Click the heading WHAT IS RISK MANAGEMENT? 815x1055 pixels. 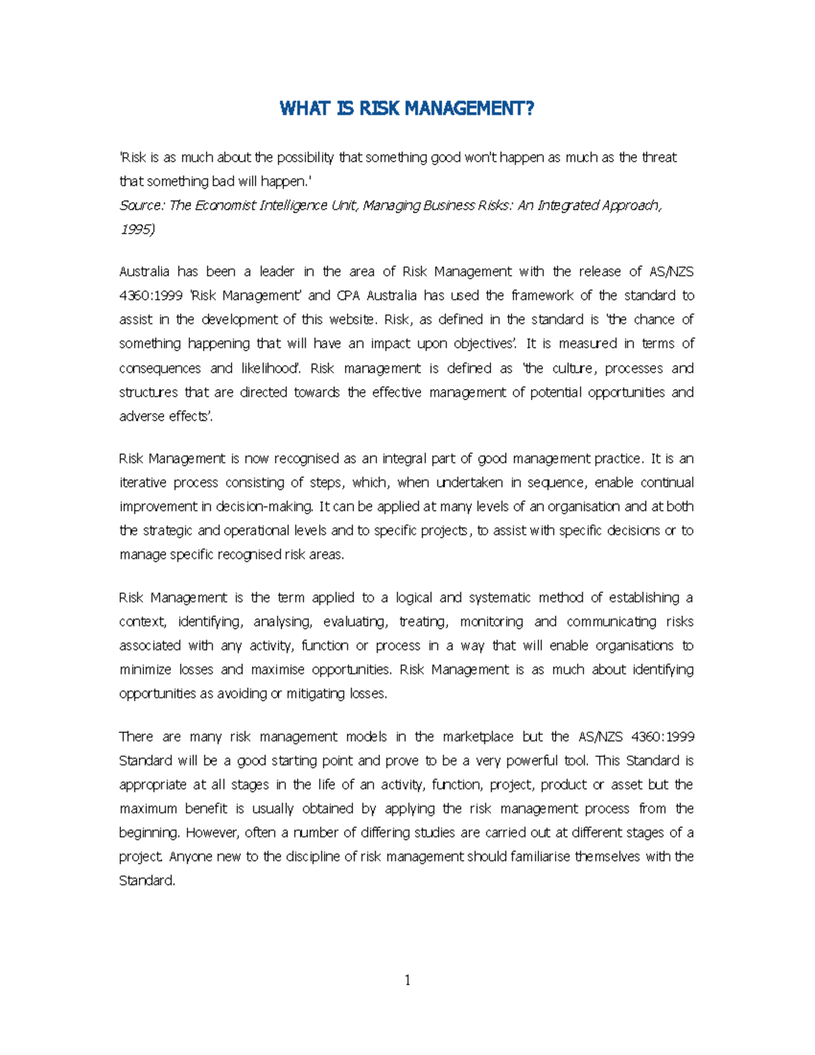tap(407, 109)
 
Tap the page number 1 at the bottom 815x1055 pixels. tap(407, 980)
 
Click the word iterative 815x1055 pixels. tap(142, 482)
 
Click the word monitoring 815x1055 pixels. tap(491, 622)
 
